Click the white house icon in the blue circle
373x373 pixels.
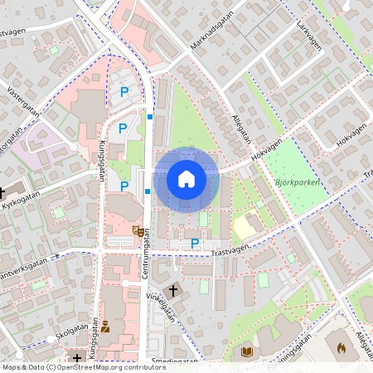186,179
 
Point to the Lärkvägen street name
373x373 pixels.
308,37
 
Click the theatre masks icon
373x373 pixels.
138,230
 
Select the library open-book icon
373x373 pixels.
246,352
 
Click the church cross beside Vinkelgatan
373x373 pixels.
172,290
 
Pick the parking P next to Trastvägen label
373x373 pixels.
195,244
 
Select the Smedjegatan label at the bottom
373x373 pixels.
174,361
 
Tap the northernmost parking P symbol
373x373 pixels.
124,92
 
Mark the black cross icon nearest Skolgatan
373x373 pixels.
77,358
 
